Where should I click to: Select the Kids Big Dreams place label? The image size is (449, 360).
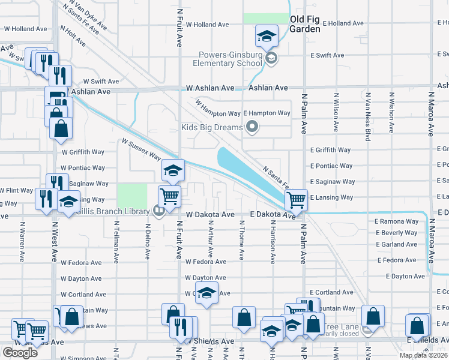(x=212, y=127)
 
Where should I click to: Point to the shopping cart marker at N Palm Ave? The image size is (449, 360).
(x=296, y=199)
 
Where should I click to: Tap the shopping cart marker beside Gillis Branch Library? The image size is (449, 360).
(x=170, y=196)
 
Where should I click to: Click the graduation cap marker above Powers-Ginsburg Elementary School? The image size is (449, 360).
(x=266, y=36)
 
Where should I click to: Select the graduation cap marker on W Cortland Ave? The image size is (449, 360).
(x=207, y=294)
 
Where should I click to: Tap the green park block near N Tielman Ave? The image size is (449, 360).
(x=131, y=196)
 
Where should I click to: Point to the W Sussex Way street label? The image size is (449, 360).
(x=141, y=149)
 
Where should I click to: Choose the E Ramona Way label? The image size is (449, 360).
(x=396, y=221)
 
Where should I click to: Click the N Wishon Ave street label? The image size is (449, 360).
(x=391, y=112)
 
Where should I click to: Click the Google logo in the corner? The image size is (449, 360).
(x=20, y=353)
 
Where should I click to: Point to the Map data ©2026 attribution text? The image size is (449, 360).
(x=423, y=355)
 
